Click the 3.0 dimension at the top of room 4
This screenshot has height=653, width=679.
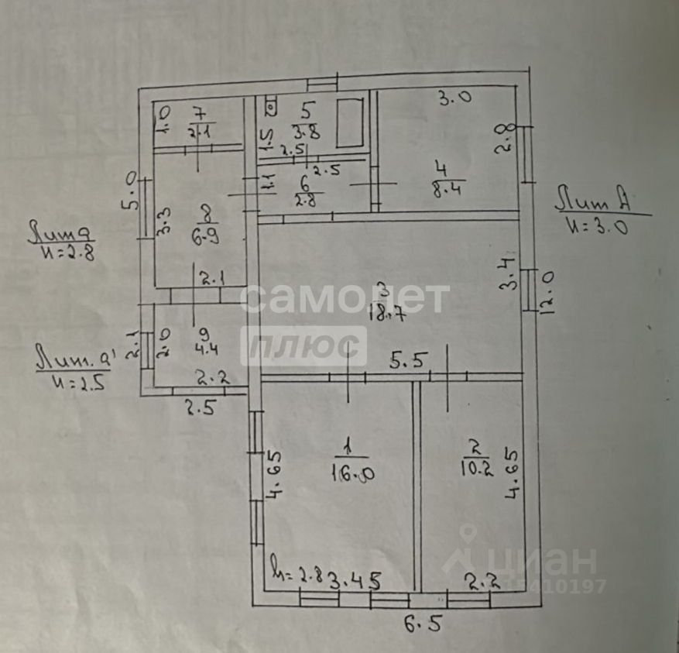tap(456, 98)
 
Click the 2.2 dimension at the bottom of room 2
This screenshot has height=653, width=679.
tap(482, 578)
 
